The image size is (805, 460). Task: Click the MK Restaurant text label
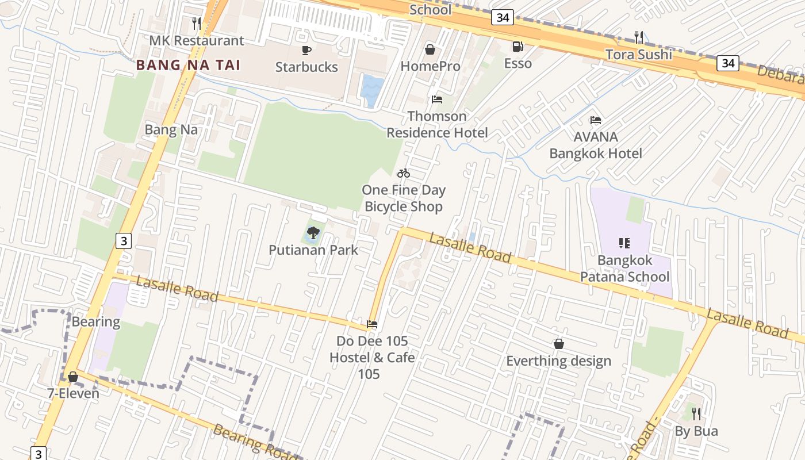click(197, 41)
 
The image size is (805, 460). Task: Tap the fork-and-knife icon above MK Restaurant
click(197, 23)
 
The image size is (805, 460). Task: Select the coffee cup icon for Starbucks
click(306, 50)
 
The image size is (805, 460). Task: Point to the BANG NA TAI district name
click(188, 65)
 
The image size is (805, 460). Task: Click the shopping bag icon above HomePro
click(430, 49)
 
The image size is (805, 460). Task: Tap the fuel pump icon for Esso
click(517, 47)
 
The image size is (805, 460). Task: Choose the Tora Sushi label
click(638, 55)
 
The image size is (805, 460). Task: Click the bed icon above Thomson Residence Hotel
click(437, 99)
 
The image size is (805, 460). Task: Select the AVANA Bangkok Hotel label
click(596, 145)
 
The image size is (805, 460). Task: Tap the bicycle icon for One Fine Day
click(404, 173)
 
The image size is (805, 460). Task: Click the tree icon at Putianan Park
click(313, 233)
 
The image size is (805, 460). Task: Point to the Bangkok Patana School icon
click(624, 243)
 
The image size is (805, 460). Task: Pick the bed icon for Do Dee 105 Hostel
click(372, 324)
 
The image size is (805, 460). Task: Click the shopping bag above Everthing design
click(558, 344)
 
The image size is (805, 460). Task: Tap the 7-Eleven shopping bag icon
click(73, 377)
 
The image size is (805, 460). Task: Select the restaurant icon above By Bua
click(696, 413)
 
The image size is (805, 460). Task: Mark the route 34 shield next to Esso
click(502, 18)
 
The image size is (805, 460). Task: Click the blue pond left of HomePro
click(372, 90)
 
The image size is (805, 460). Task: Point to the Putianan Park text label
click(313, 250)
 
